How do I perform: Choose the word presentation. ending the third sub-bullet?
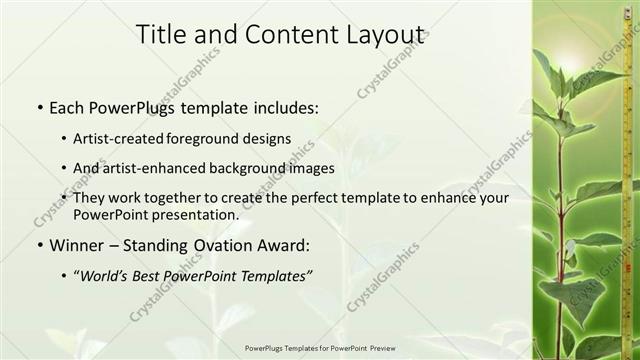[193, 214]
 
